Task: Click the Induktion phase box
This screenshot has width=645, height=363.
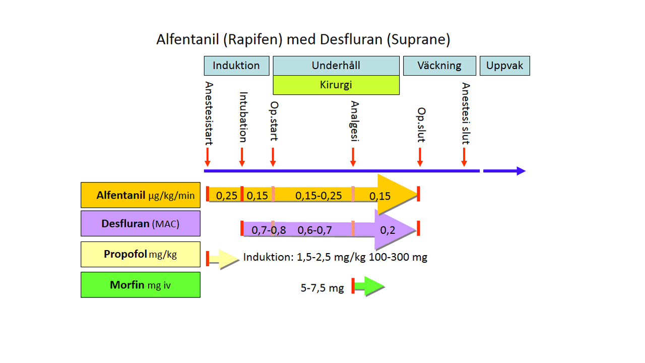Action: click(x=236, y=66)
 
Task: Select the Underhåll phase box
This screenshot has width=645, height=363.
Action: click(x=336, y=66)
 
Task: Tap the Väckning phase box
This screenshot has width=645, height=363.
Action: click(x=439, y=66)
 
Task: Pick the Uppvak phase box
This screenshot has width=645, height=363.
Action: click(x=504, y=66)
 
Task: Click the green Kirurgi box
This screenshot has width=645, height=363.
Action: click(x=336, y=85)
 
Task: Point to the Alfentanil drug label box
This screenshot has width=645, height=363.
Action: click(x=141, y=195)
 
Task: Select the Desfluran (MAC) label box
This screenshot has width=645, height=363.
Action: click(x=141, y=223)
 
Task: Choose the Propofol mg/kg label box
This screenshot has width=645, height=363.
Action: click(x=141, y=254)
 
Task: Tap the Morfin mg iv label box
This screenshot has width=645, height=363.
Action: click(x=141, y=285)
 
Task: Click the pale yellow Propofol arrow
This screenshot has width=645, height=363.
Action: click(x=224, y=259)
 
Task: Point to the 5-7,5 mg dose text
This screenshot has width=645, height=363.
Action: click(x=322, y=288)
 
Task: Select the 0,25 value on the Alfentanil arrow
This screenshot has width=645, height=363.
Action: click(x=226, y=195)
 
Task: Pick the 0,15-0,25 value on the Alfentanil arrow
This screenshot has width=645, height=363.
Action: click(x=318, y=195)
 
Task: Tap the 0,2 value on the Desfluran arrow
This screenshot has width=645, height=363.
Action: click(x=388, y=230)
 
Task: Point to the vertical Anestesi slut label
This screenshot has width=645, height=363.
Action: click(x=466, y=113)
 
